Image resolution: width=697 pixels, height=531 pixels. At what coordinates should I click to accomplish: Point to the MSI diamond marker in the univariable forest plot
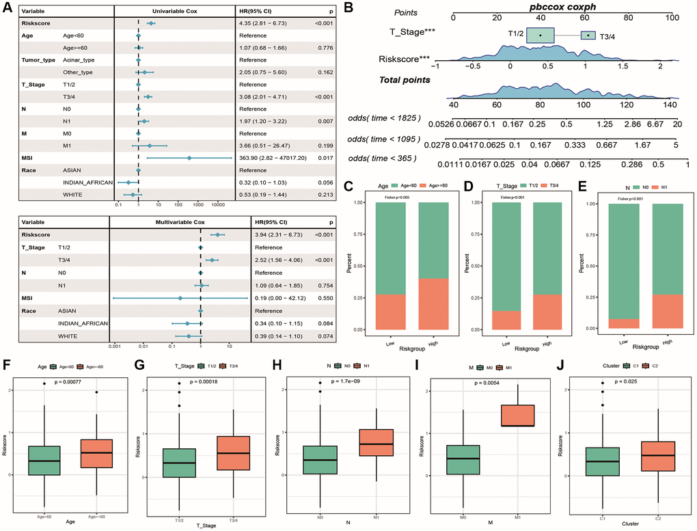(189, 158)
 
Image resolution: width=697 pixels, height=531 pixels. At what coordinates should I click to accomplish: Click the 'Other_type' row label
(79, 72)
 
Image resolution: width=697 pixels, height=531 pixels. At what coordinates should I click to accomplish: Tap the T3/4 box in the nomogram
(588, 35)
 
